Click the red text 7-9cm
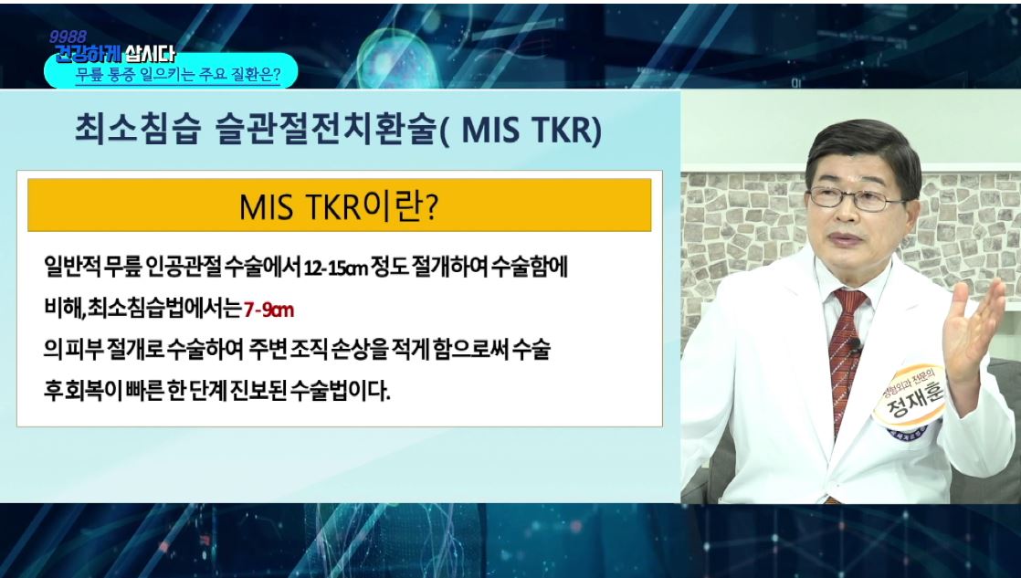pyautogui.click(x=268, y=310)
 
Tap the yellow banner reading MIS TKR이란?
pyautogui.click(x=339, y=205)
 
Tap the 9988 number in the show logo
pyautogui.click(x=68, y=37)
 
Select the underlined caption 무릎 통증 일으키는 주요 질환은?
pyautogui.click(x=178, y=75)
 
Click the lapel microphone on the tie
pyautogui.click(x=854, y=344)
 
